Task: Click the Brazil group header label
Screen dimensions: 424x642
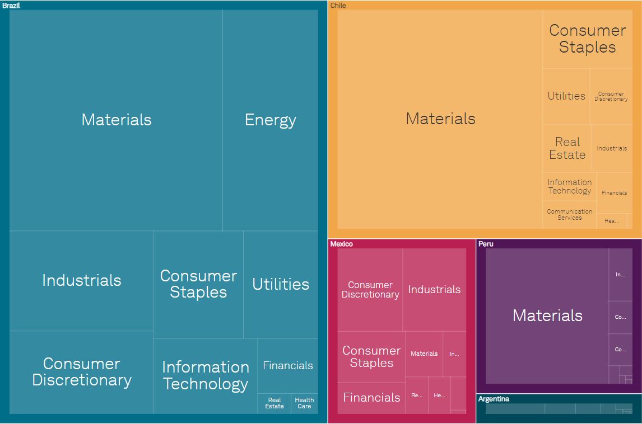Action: (12, 6)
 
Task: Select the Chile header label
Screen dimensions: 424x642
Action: (338, 6)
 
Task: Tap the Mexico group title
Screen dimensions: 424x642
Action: (341, 244)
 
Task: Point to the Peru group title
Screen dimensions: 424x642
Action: (486, 244)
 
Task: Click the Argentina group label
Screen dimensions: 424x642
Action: (494, 399)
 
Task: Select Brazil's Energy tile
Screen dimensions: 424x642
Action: (270, 120)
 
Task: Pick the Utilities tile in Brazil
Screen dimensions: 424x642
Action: (281, 284)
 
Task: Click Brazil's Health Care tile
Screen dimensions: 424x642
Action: (304, 403)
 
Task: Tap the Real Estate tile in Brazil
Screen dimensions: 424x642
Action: (275, 403)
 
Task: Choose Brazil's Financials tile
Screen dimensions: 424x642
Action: (288, 366)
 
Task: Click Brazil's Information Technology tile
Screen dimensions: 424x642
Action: (205, 375)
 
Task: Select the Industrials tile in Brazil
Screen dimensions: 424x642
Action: (81, 280)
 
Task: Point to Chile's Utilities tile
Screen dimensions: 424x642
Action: (566, 96)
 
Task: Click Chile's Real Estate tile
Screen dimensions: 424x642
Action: (567, 148)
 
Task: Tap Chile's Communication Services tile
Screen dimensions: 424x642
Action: (569, 215)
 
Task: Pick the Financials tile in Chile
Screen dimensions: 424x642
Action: (614, 193)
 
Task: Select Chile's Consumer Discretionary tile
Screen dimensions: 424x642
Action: (611, 96)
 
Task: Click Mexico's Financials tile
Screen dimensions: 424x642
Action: (371, 398)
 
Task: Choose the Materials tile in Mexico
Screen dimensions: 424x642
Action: (424, 354)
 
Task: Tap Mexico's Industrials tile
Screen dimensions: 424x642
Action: (434, 290)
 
